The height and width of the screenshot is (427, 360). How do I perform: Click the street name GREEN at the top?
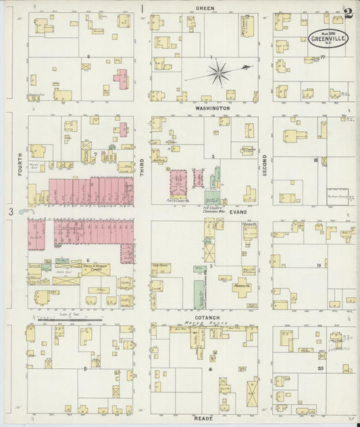[205, 8]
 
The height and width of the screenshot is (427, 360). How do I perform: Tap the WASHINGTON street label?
[204, 108]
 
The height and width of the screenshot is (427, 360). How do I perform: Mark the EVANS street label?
[238, 211]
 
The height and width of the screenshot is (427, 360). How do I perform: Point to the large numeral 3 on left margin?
[11, 212]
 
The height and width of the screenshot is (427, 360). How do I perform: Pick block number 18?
[315, 160]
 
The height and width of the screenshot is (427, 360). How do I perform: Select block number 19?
[317, 266]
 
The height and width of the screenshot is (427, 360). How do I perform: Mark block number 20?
[320, 368]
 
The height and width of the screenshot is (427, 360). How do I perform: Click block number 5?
[85, 369]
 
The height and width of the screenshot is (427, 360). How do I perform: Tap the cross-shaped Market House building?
[241, 284]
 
